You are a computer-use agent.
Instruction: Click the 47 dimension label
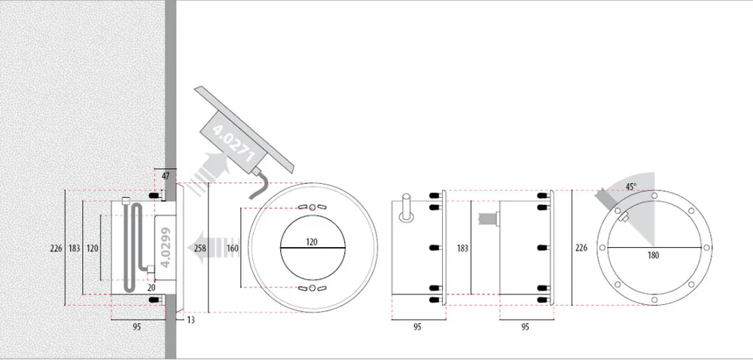pos(166,176)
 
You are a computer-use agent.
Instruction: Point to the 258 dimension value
pos(200,249)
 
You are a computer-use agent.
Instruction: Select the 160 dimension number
pos(233,249)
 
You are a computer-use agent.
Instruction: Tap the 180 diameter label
pos(653,255)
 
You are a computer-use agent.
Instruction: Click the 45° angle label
pos(632,186)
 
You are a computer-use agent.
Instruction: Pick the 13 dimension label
pos(191,320)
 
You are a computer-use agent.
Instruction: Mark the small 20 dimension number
pos(151,288)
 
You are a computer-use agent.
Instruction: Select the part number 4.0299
pos(166,248)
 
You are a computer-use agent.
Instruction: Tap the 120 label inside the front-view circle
pos(312,243)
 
